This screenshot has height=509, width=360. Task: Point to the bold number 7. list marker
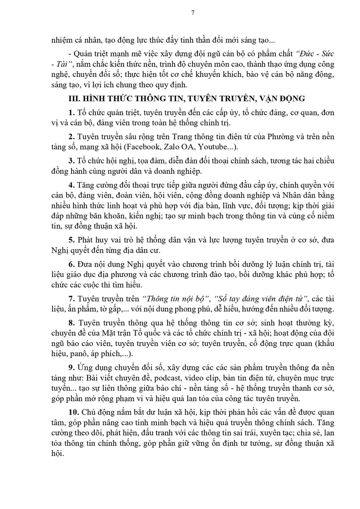pos(71,298)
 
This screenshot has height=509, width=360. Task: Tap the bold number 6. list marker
pos(71,263)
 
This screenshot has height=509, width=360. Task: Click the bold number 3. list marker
pos(71,161)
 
